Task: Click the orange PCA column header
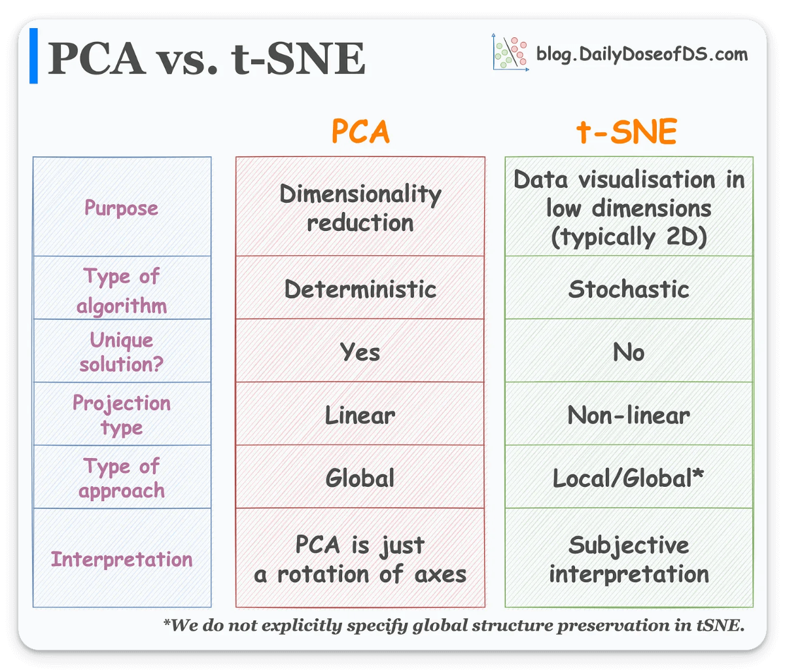[x=360, y=132]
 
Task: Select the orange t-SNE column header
[x=626, y=132]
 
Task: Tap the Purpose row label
[x=122, y=208]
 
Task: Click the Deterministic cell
[x=360, y=289]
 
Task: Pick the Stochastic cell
[x=629, y=289]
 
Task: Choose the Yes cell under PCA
[x=360, y=352]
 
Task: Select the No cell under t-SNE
[x=629, y=352]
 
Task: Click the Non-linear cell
[x=629, y=415]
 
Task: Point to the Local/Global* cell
[x=629, y=478]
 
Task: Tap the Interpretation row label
[x=122, y=559]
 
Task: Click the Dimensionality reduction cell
[x=360, y=208]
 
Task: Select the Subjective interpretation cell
[x=629, y=559]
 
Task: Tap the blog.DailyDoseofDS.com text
[x=642, y=54]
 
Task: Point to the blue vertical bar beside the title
[x=33, y=56]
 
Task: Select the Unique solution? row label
[x=122, y=352]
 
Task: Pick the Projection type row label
[x=122, y=415]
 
